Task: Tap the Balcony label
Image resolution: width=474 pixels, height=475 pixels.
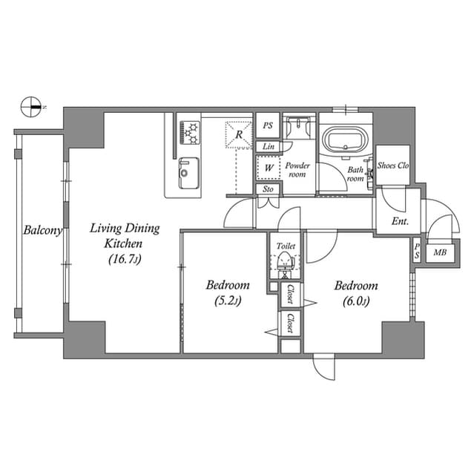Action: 41,230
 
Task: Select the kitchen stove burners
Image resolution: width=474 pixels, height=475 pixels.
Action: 189,132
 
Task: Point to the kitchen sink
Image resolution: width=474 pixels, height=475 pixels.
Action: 186,173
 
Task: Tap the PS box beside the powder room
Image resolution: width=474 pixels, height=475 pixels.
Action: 268,126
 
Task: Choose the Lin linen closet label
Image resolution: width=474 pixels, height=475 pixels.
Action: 268,147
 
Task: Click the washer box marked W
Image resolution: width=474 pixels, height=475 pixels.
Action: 268,168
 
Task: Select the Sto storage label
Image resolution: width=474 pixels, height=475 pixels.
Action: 268,189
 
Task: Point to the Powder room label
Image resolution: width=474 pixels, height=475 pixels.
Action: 297,170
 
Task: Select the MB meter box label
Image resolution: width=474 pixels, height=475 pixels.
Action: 440,252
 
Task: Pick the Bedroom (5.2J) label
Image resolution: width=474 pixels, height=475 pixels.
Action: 227,292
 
